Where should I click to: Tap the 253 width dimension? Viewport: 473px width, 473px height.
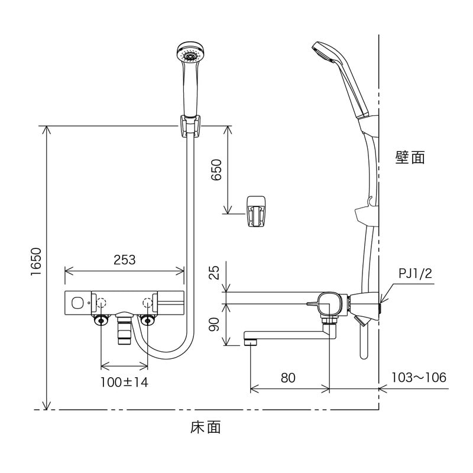pos(124,260)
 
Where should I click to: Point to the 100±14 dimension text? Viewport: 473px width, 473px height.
pos(124,381)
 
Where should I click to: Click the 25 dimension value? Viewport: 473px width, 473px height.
pos(215,272)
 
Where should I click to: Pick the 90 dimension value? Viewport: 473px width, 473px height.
pos(215,324)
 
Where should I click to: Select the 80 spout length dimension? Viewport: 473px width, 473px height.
pos(288,377)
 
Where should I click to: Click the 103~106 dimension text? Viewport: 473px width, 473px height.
pos(419,377)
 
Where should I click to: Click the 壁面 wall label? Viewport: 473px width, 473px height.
pos(410,157)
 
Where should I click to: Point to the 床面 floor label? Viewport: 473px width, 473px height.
pos(205,427)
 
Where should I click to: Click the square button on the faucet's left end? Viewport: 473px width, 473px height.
pos(76,303)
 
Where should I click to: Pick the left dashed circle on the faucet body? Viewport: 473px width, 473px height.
pos(101,302)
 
